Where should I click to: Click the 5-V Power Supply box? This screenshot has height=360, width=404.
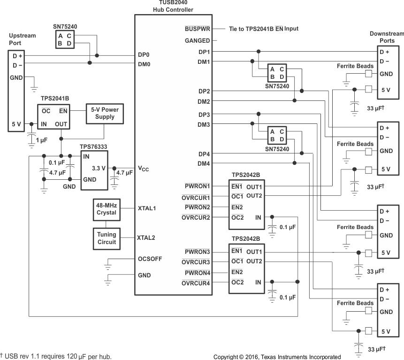105,113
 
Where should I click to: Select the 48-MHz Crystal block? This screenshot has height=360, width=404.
107,209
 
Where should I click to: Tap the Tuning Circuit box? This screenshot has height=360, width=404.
107,238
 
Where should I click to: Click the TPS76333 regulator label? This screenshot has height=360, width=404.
93,146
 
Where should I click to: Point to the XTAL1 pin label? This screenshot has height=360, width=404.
146,207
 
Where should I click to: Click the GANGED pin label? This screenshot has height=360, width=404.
198,41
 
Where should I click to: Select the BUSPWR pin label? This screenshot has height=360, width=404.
197,29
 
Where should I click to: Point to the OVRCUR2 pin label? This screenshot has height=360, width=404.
196,217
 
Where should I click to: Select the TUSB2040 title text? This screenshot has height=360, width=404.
173,3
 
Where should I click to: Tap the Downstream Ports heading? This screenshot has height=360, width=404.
386,37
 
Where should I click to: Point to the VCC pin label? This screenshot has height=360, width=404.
143,169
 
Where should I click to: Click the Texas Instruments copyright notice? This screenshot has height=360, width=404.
277,357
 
